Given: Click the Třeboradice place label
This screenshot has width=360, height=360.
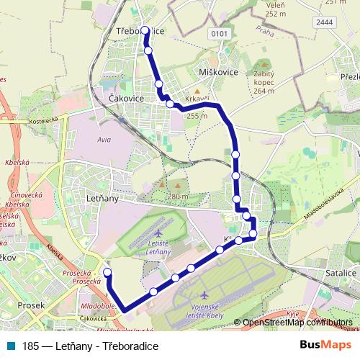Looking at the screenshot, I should coord(140,32).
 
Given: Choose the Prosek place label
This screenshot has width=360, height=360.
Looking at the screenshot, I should coord(30,305).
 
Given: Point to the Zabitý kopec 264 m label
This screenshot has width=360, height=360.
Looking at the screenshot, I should coord(264,82).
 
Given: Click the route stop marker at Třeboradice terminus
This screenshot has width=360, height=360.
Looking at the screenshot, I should coord(145,30).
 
